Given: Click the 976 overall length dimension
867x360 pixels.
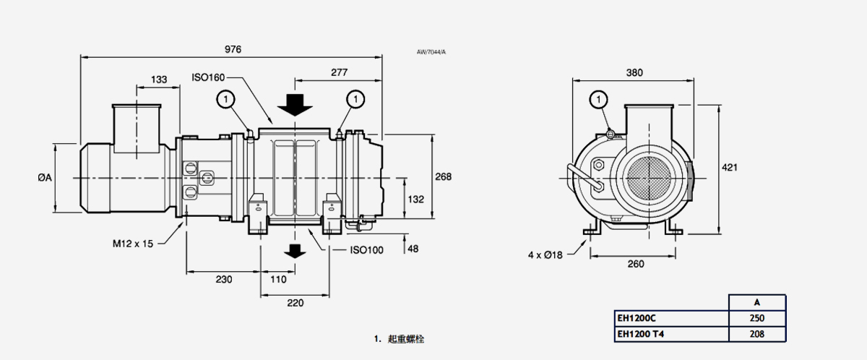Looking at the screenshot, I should click(232, 49).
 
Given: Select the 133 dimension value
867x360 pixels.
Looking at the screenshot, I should click(159, 79).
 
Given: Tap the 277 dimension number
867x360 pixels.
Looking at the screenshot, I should click(339, 72).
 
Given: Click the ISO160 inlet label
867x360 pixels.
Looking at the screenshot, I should click(209, 77).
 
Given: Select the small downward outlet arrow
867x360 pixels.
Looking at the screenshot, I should click(293, 251).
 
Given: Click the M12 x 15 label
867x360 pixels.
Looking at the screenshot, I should click(133, 244).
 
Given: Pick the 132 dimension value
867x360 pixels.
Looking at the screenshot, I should click(416, 199).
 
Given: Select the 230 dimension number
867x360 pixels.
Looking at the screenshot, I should click(224, 280).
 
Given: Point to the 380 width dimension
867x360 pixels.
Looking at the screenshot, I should click(634, 72).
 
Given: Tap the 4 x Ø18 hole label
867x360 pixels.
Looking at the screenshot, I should click(545, 254).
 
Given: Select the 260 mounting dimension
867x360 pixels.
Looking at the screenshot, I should click(635, 264).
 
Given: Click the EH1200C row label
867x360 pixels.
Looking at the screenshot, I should click(636, 318).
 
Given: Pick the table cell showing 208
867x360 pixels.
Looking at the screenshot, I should click(756, 334).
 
